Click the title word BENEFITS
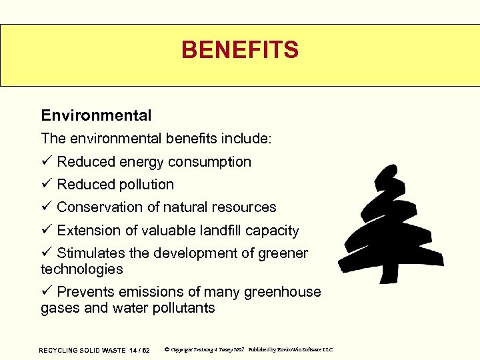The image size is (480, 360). click(x=240, y=49)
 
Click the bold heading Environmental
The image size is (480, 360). click(x=96, y=115)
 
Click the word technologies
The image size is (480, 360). click(x=82, y=269)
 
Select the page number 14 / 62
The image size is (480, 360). click(x=139, y=350)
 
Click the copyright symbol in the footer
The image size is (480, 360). click(x=166, y=349)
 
